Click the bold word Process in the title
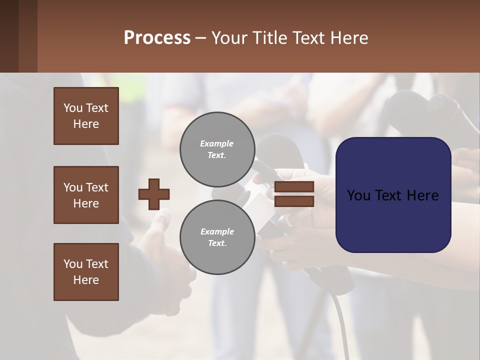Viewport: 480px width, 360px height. click(x=157, y=38)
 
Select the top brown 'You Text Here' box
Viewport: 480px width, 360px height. click(x=86, y=116)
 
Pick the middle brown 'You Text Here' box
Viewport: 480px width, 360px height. click(x=86, y=195)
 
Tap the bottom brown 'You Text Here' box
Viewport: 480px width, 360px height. click(x=86, y=272)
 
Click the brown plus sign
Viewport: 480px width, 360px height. click(x=154, y=194)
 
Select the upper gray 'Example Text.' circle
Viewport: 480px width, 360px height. click(x=217, y=149)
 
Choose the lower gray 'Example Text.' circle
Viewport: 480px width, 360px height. click(x=217, y=237)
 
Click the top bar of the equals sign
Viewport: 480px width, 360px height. click(x=294, y=186)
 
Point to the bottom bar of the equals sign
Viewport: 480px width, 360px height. click(x=294, y=201)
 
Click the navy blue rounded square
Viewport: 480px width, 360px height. click(x=393, y=195)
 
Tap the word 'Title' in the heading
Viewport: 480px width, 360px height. click(x=270, y=38)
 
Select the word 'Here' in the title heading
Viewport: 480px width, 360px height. click(x=348, y=38)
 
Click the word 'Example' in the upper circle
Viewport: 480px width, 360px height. click(x=217, y=143)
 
